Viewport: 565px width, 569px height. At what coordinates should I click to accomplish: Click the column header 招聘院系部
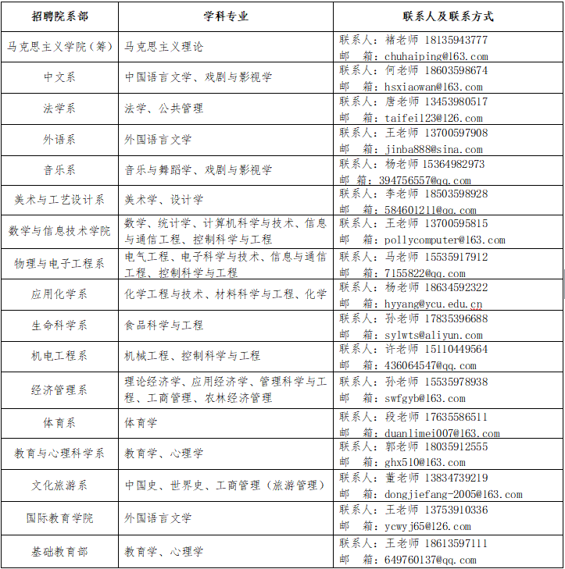(x=59, y=16)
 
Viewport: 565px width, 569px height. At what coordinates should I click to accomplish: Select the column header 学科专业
(x=226, y=16)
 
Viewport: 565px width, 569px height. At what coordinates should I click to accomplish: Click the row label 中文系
(x=59, y=77)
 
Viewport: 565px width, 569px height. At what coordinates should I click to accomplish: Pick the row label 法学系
(x=59, y=108)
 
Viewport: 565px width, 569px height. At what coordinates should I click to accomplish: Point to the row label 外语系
(x=59, y=140)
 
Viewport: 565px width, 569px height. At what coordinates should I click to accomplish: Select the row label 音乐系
(x=59, y=170)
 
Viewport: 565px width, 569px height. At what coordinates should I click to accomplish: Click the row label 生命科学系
(x=59, y=325)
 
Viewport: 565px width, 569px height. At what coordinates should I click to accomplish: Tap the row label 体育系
(x=59, y=422)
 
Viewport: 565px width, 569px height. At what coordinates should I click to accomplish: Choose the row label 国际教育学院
(x=59, y=518)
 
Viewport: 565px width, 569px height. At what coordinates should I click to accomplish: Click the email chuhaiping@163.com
(x=436, y=56)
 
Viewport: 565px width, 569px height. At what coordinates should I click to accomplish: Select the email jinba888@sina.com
(x=434, y=149)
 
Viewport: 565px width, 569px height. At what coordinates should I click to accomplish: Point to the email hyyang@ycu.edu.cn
(x=434, y=304)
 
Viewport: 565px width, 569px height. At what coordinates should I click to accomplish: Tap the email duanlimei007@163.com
(x=442, y=434)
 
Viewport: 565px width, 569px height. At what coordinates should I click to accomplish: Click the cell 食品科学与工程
(x=164, y=325)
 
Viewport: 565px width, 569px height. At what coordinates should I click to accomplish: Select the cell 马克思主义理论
(x=164, y=47)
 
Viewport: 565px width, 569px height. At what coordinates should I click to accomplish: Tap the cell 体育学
(x=141, y=422)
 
